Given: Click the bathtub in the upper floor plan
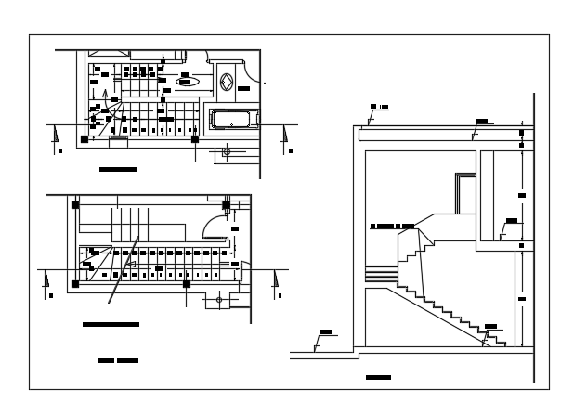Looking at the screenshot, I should tap(234, 119).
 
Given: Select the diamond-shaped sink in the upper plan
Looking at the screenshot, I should tap(227, 80).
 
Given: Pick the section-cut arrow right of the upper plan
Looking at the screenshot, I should tap(286, 136).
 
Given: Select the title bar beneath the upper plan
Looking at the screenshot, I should tap(118, 170).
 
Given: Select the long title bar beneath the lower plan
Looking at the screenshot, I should tap(111, 324).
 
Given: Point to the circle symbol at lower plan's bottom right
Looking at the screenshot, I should tap(219, 300).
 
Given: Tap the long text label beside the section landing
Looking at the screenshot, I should tap(391, 226).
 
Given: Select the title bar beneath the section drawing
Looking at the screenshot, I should tap(378, 377).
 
